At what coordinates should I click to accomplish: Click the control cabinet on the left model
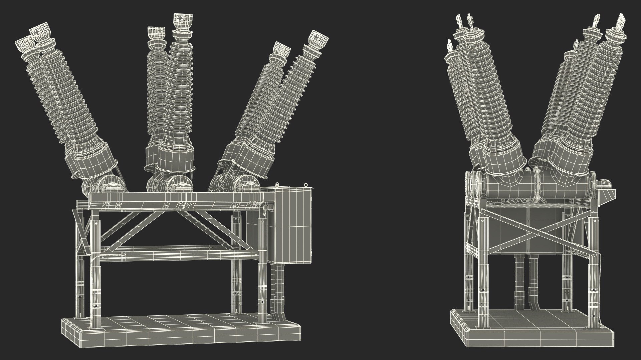[290, 227]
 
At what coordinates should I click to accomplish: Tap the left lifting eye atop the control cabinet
[277, 185]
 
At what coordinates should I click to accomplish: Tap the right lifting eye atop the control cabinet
[305, 184]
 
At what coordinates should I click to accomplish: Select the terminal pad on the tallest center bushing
[182, 21]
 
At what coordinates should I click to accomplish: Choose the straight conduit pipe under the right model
[519, 283]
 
